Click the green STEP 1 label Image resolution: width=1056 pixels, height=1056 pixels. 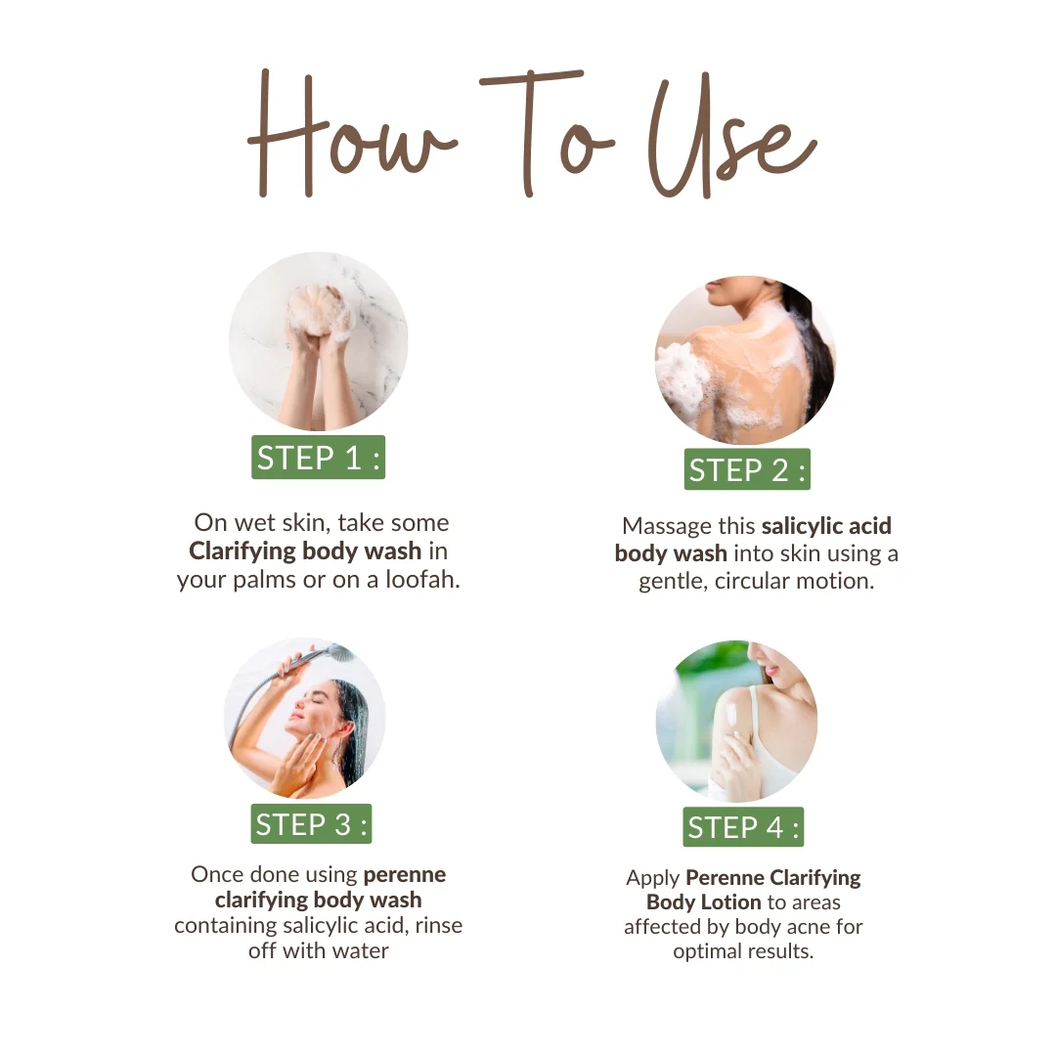coord(318,458)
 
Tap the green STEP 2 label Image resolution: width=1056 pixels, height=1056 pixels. coord(747,469)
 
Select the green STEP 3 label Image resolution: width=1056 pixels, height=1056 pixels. coord(311,823)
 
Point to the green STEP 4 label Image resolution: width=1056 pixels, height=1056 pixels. coord(743,827)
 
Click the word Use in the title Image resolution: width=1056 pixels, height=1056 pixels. coord(731,138)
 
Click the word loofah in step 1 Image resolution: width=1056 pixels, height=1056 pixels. coord(422,579)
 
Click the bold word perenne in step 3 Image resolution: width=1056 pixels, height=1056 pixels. coord(405,875)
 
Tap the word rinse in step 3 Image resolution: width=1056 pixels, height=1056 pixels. coord(438,925)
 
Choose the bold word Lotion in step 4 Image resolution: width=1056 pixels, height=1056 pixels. coord(730,902)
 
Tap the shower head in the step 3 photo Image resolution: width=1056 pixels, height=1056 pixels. coord(340,652)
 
